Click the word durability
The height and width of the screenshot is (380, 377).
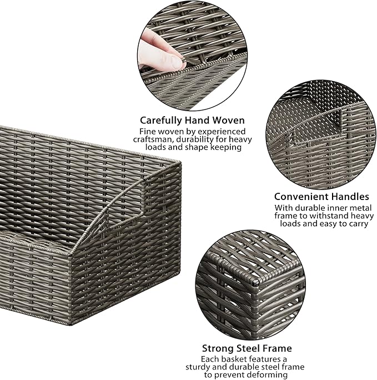click(x=204, y=139)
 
